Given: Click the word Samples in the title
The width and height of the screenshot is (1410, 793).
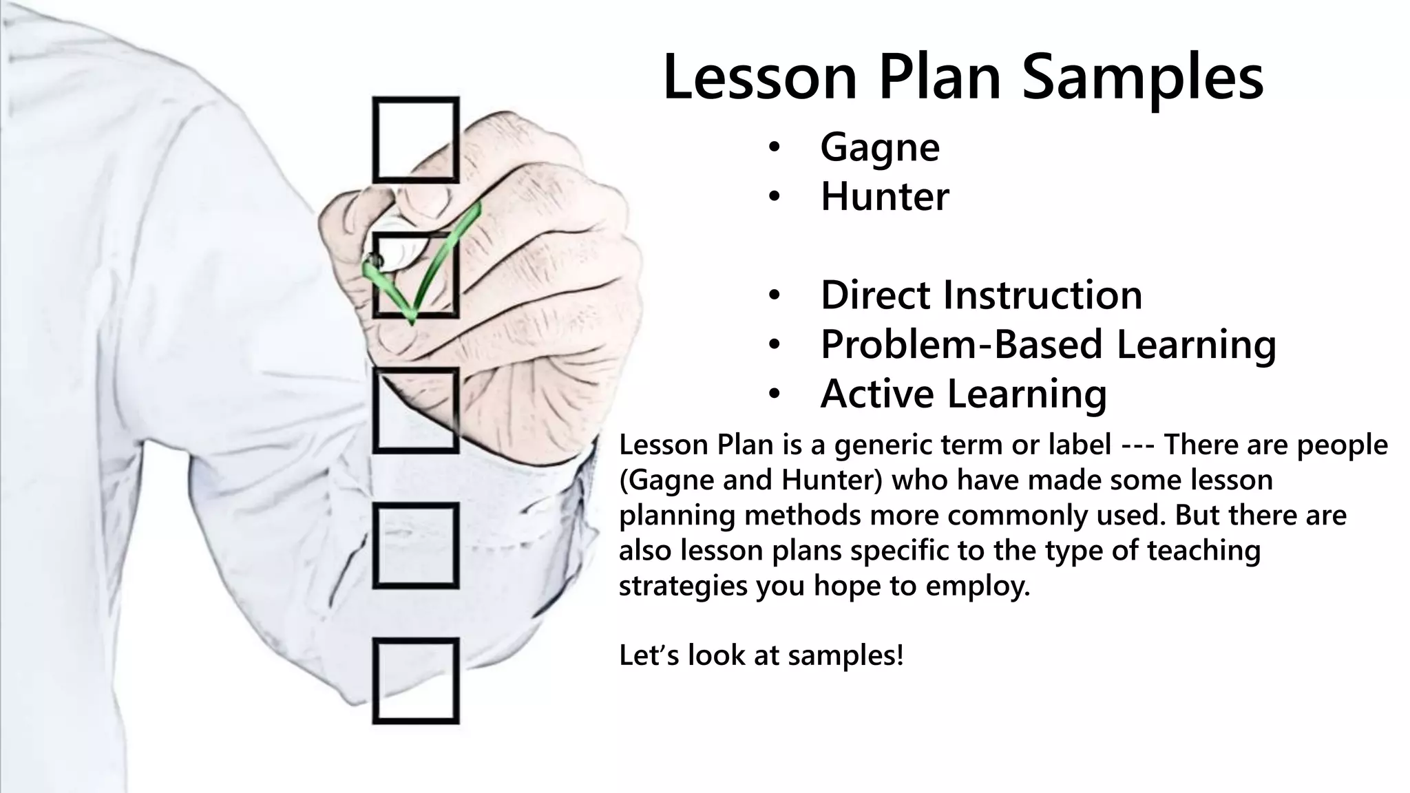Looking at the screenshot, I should click(x=1143, y=78).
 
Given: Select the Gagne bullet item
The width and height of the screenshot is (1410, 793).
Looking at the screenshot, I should click(x=879, y=147).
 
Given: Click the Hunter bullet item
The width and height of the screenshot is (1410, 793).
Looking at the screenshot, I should click(x=885, y=197).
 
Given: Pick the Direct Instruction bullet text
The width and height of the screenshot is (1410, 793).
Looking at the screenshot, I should click(x=981, y=295).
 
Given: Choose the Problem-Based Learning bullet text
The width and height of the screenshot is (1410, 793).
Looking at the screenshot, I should click(x=1048, y=344).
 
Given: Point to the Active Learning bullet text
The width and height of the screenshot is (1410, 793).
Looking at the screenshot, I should click(x=963, y=394).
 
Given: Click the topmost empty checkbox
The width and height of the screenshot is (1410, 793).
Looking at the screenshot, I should click(x=416, y=140).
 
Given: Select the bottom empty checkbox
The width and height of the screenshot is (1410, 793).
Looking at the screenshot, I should click(x=416, y=681).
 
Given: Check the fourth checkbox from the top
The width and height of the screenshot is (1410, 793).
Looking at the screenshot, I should click(x=416, y=546).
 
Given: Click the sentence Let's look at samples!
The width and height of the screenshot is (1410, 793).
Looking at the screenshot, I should click(x=761, y=655).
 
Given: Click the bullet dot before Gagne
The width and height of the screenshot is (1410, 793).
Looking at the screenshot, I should click(x=775, y=148).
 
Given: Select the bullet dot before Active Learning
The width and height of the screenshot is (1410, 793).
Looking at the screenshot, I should click(x=775, y=394).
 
